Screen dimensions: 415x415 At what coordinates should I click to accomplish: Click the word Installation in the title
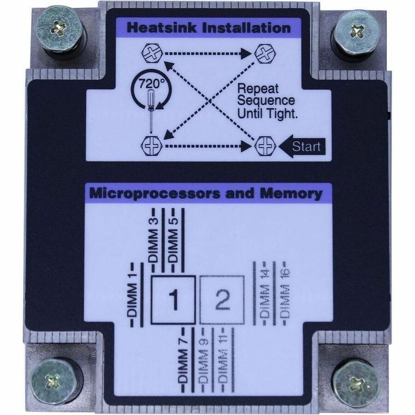(246, 28)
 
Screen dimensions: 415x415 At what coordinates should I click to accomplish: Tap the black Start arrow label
(302, 146)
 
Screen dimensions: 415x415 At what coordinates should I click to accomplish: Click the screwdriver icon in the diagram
(151, 111)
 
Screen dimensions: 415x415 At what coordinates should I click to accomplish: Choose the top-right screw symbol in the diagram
(265, 54)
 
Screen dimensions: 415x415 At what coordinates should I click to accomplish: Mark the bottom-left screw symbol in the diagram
(151, 146)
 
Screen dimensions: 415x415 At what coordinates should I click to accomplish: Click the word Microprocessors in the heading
(155, 194)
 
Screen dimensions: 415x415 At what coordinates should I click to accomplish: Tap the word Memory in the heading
(291, 194)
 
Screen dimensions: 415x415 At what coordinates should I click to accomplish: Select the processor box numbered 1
(173, 300)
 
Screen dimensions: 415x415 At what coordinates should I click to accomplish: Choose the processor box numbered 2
(222, 300)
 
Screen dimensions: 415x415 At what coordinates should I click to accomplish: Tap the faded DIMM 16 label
(285, 294)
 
